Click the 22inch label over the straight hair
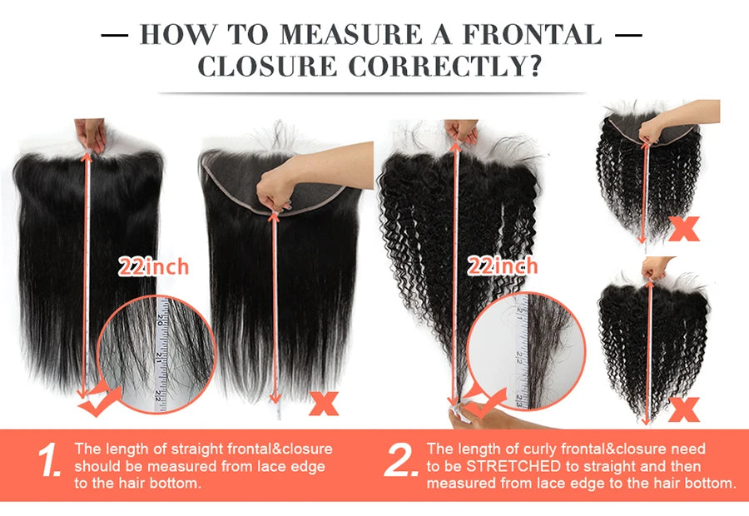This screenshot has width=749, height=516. click(x=154, y=266)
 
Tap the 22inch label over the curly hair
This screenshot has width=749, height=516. click(x=503, y=266)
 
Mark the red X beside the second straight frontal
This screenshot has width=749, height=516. click(x=324, y=404)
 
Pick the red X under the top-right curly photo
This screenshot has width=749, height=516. click(x=684, y=229)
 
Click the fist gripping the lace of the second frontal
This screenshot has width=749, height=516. click(x=275, y=191)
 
